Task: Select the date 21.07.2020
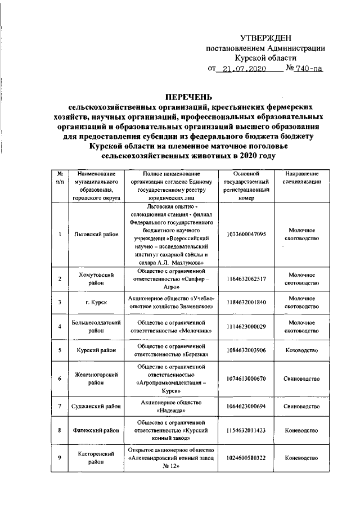point(242,70)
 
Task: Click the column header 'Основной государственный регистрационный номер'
point(246,186)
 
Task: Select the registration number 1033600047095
point(246,234)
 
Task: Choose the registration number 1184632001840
point(246,302)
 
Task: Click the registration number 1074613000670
point(246,379)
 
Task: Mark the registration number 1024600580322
point(246,458)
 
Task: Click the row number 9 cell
point(60,458)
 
